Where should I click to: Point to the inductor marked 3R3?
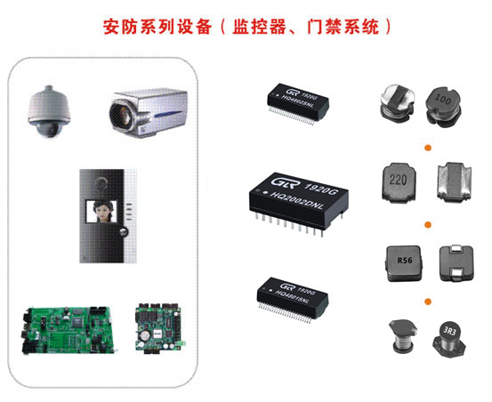[x=448, y=336]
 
